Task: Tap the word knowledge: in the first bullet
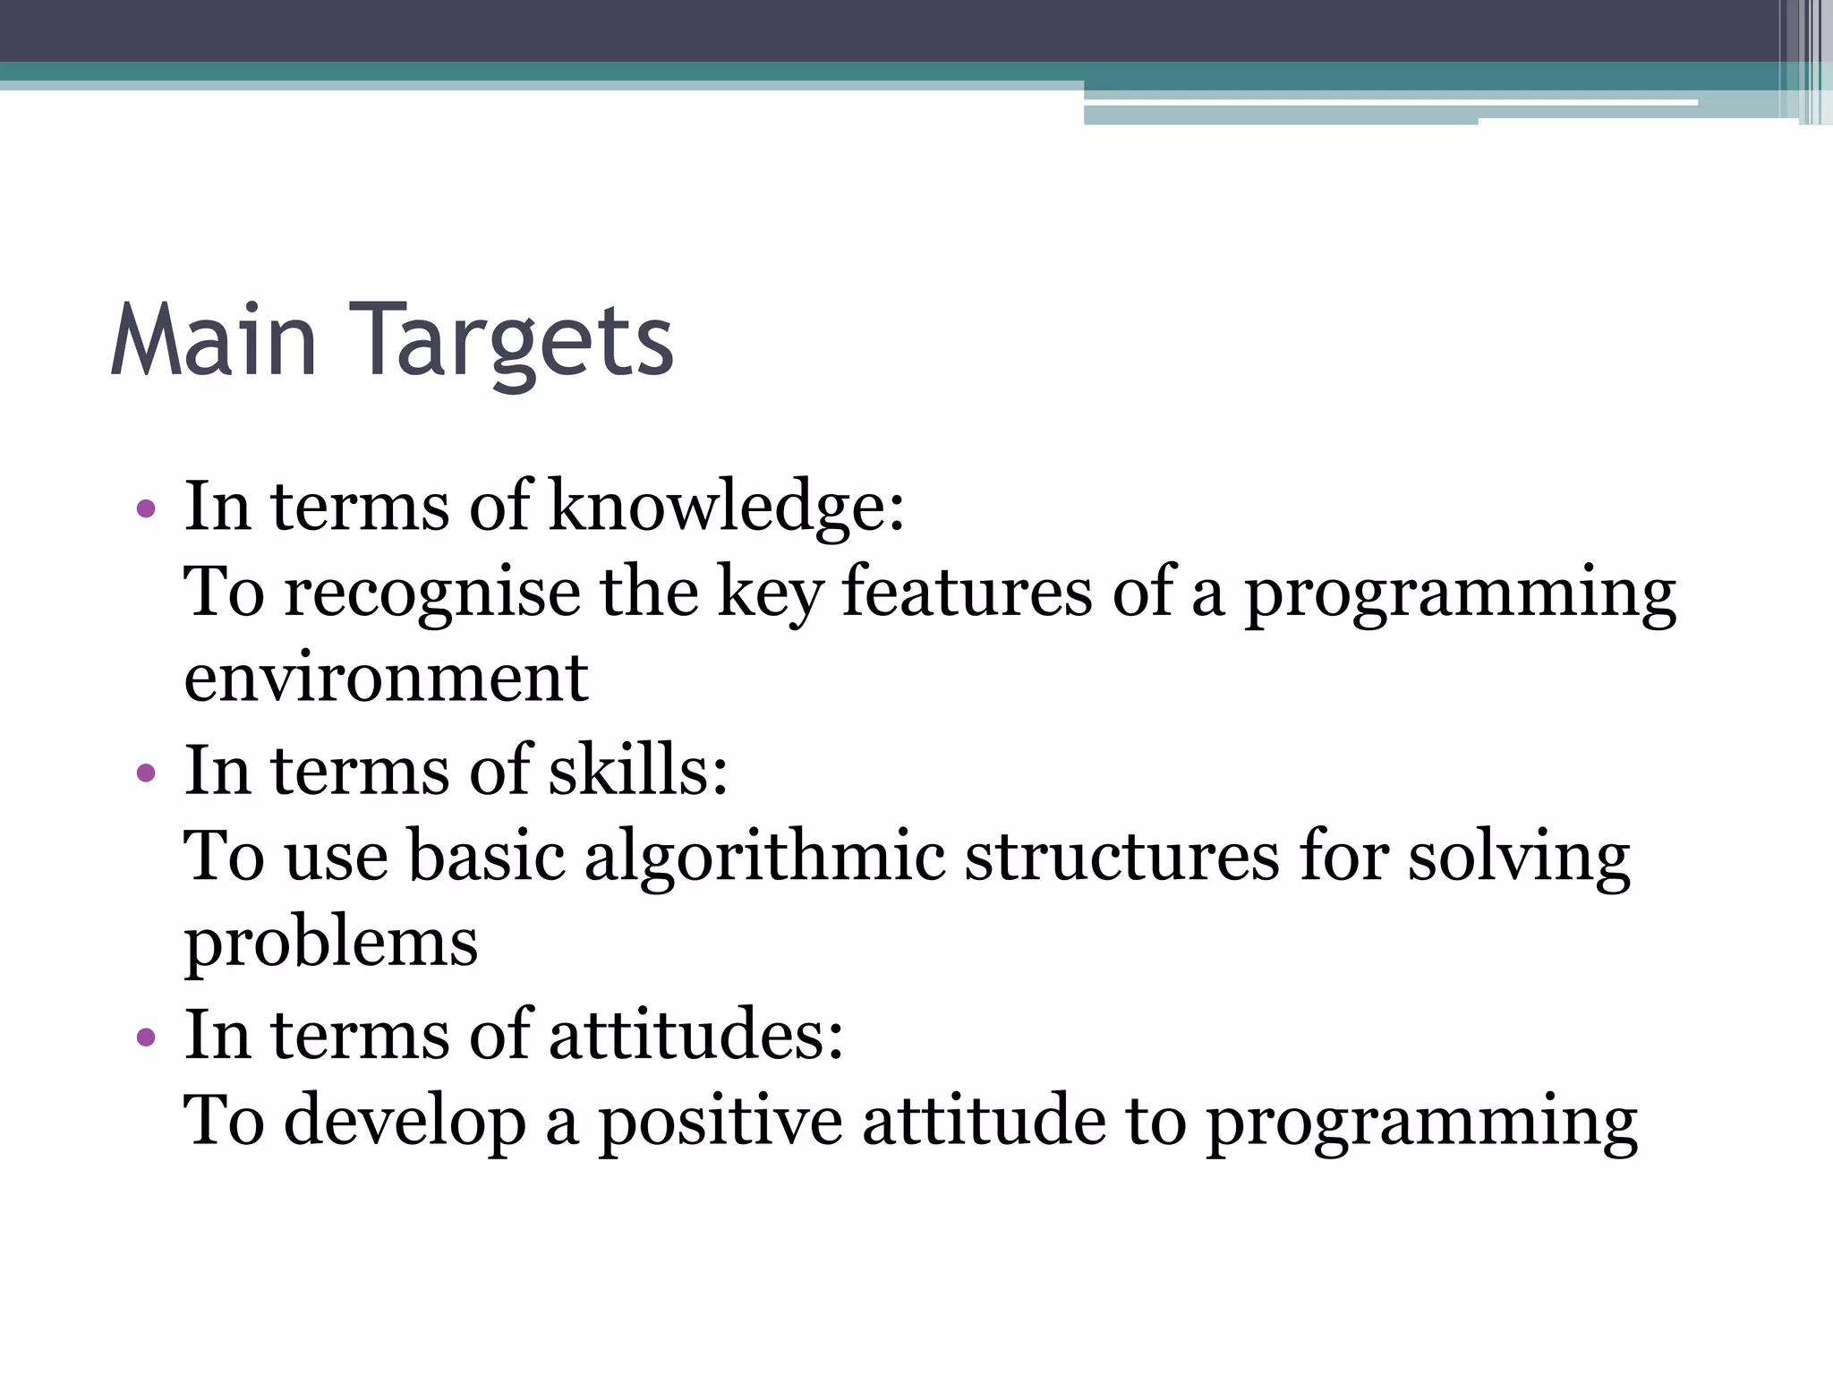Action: click(726, 507)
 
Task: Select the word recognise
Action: click(432, 594)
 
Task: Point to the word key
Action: click(770, 594)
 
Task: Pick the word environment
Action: click(386, 678)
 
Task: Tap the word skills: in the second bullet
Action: click(638, 770)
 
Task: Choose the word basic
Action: click(487, 857)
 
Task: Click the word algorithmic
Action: click(765, 857)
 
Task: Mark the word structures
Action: click(1122, 857)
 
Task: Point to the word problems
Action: click(331, 944)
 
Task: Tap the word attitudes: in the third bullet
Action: click(695, 1035)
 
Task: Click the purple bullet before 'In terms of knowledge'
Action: click(146, 510)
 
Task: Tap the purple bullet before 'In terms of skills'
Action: click(146, 773)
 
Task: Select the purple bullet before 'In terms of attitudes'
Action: click(146, 1038)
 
